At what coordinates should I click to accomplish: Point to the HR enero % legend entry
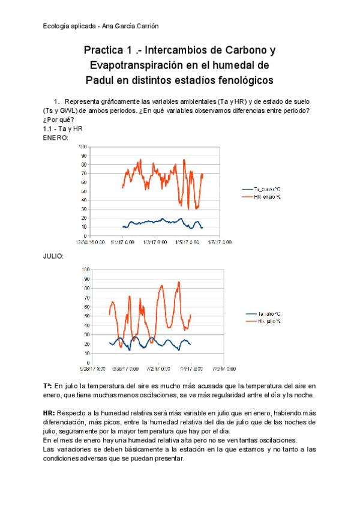[268, 197]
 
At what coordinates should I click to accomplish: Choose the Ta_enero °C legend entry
[268, 188]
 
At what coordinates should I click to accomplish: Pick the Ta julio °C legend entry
[269, 314]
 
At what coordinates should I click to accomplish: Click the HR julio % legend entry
[269, 322]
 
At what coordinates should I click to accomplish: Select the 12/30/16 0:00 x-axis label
[89, 242]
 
